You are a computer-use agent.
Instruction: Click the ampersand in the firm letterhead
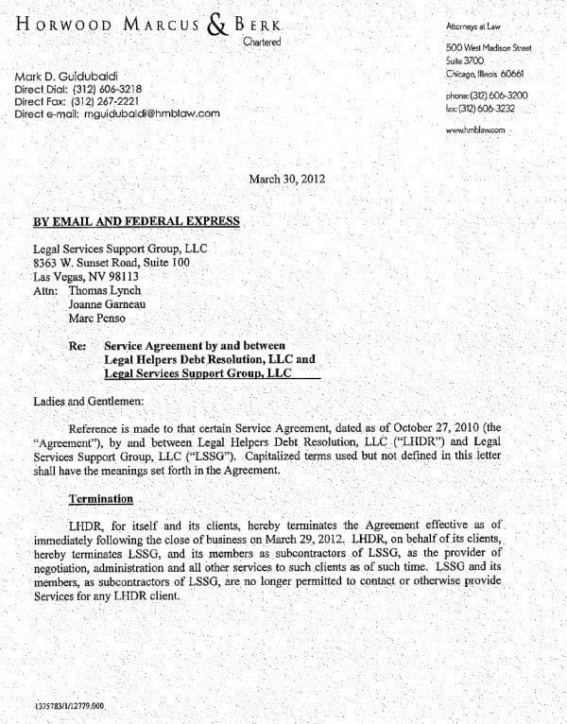coord(218,25)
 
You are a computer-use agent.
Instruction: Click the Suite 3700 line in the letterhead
coord(464,60)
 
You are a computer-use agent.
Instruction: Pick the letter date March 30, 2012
coord(286,178)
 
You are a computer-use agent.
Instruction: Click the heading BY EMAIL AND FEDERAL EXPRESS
coord(136,222)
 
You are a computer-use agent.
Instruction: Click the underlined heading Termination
coord(100,497)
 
